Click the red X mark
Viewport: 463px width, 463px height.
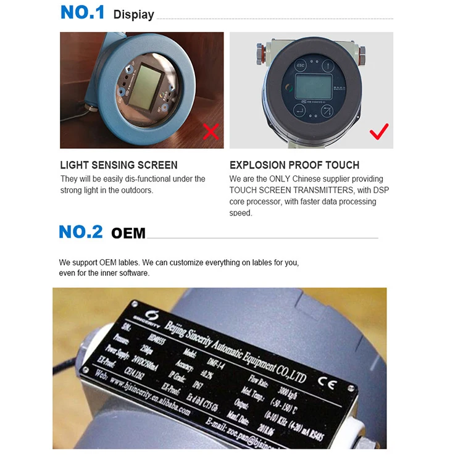211,131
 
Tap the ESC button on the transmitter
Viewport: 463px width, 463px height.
301,65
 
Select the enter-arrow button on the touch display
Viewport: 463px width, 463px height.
299,111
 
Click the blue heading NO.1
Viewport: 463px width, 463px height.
83,12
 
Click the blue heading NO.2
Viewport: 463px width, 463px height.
81,232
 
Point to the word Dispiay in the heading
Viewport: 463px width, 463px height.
133,14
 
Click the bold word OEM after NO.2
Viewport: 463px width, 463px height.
128,233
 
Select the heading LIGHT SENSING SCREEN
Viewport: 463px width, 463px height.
119,165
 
